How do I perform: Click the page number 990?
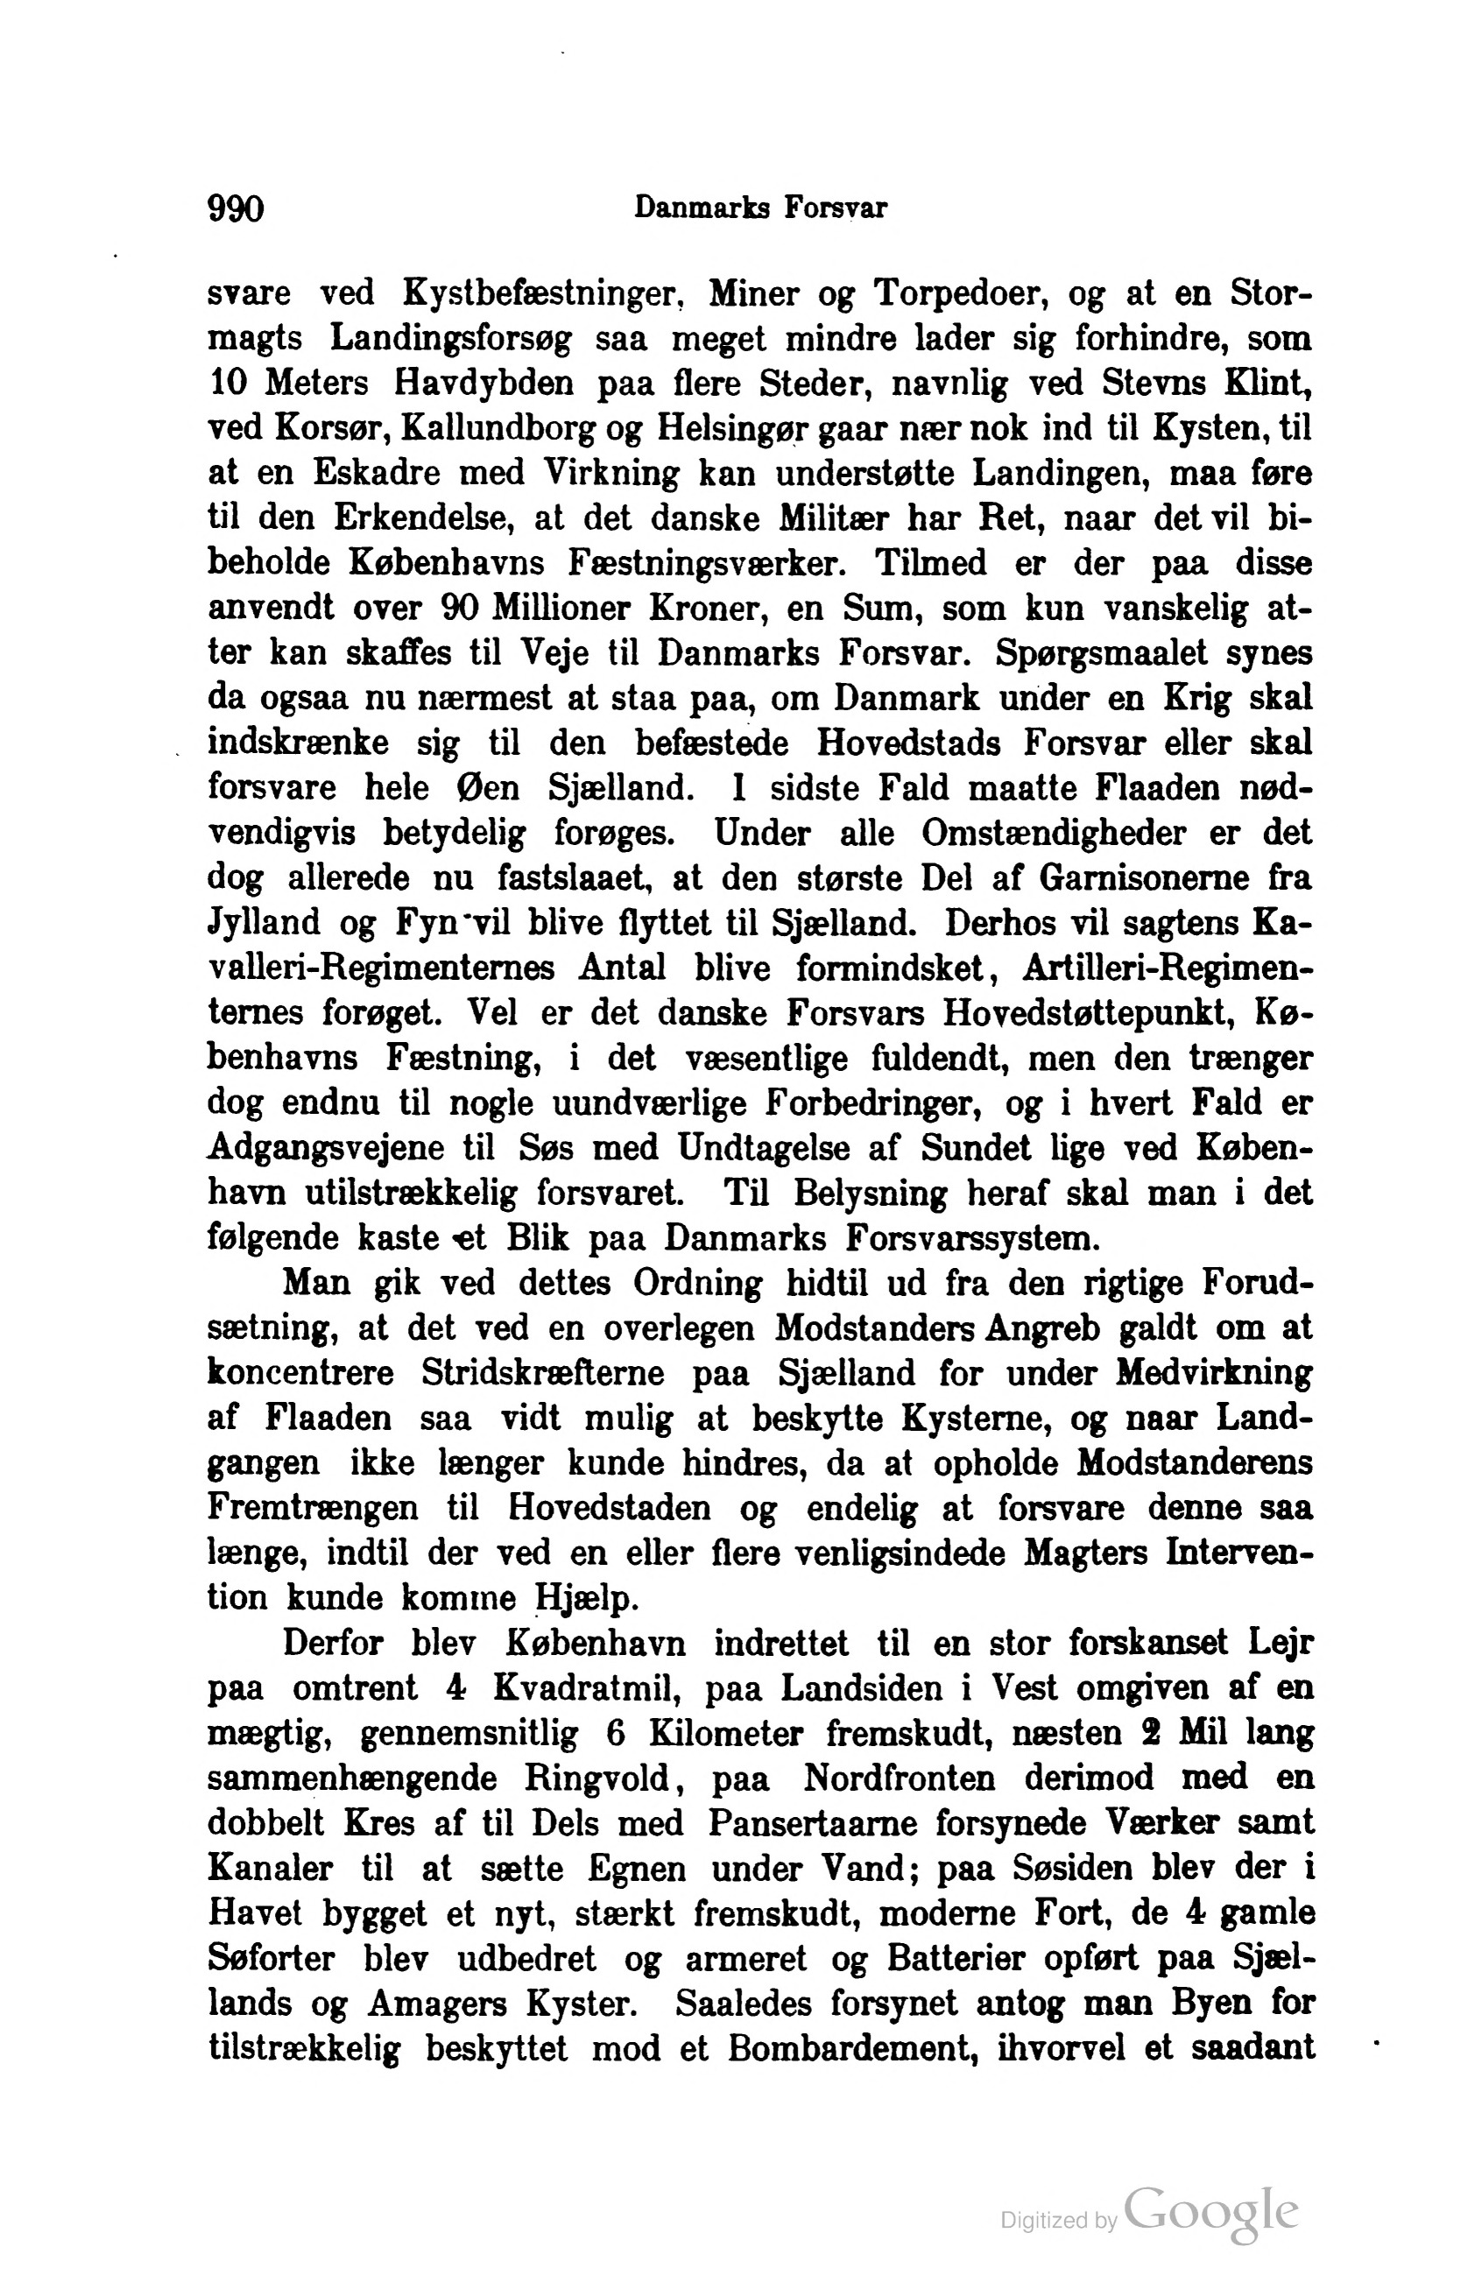tap(235, 208)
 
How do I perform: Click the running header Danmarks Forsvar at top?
tap(759, 208)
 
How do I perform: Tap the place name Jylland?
tap(264, 922)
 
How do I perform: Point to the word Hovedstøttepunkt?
tap(1089, 1012)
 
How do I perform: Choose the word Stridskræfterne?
tap(543, 1373)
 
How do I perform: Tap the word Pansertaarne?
tap(811, 1823)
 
